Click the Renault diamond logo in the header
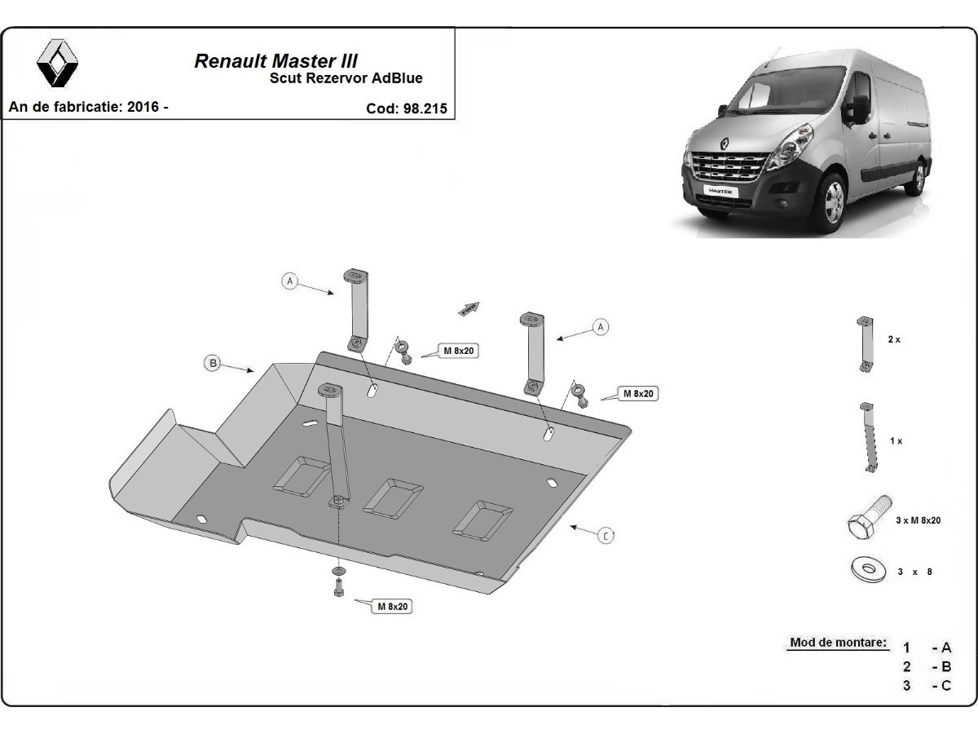(x=57, y=63)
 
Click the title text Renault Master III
(x=275, y=61)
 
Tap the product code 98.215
(x=425, y=108)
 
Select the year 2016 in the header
(x=143, y=107)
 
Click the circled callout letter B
(x=213, y=363)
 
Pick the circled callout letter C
(x=606, y=536)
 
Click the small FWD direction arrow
(x=469, y=308)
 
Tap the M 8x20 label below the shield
(x=393, y=607)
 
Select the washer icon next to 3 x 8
(x=869, y=569)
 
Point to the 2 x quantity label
(x=894, y=339)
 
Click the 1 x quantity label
(x=896, y=440)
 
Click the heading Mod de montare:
(x=838, y=642)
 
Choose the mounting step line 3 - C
(x=929, y=685)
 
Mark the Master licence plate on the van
(x=720, y=191)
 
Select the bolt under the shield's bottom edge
(x=338, y=587)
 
